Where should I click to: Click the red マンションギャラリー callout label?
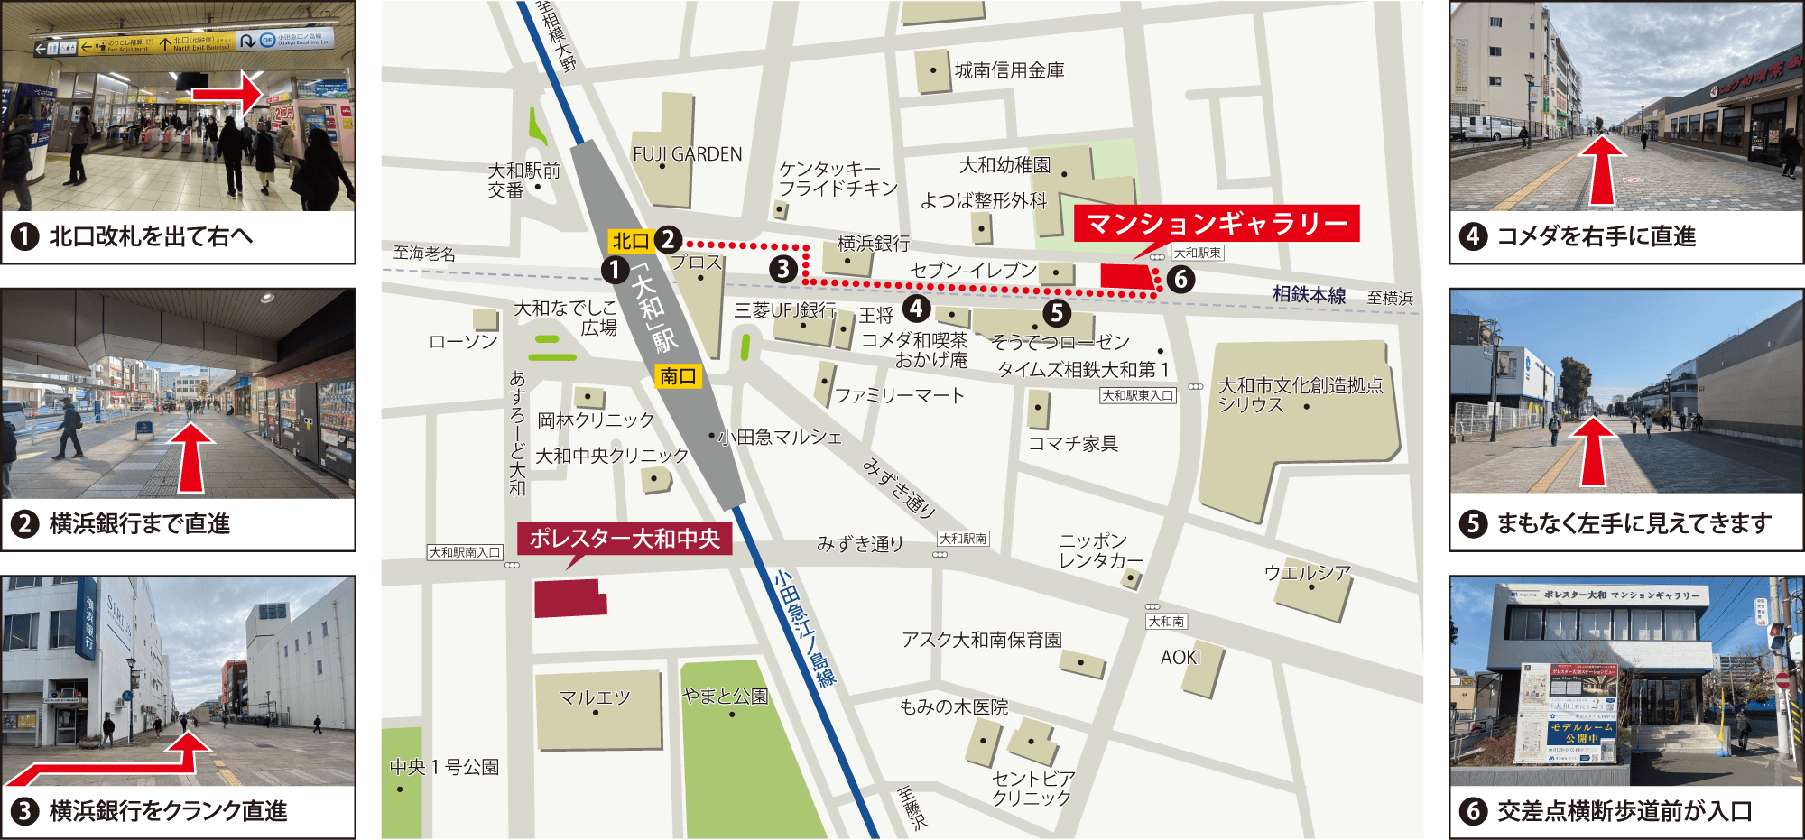[1216, 223]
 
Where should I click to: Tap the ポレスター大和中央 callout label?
[625, 539]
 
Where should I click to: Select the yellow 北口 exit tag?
[630, 241]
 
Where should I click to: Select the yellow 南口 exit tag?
[678, 376]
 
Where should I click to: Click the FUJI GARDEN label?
[687, 154]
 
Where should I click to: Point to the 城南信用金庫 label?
[1009, 70]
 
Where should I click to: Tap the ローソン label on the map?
[463, 341]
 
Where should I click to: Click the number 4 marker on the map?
[916, 309]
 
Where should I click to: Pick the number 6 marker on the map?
[1180, 280]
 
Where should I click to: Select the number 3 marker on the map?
[782, 268]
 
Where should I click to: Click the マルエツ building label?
[595, 697]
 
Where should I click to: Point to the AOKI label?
[1180, 658]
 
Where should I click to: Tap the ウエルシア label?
[1307, 572]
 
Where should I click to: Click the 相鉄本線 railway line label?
[1309, 294]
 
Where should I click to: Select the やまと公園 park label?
[726, 696]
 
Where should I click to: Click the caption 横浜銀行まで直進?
[139, 523]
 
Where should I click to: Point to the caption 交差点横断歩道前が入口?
[1624, 810]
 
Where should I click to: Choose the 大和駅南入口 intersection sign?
[464, 552]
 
